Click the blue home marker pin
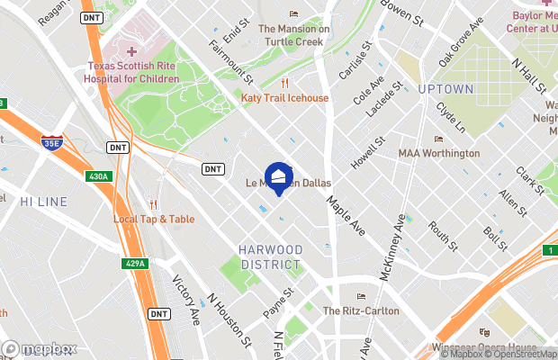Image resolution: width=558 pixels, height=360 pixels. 278,178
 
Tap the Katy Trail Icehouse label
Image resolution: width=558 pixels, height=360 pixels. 284,97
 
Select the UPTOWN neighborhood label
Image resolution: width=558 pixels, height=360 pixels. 445,89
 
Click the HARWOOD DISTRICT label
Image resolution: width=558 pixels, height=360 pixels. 271,256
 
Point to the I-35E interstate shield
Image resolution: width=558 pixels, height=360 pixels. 52,142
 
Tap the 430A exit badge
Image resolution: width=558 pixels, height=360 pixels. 98,177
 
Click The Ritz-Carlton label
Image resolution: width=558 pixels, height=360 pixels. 362,309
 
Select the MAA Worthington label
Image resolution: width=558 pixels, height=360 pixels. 439,153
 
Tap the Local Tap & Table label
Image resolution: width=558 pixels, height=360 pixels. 153,219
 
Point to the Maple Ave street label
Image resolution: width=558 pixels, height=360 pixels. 346,216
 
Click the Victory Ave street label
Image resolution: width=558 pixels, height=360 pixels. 185,301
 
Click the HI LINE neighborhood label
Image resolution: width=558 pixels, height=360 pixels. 43,200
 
